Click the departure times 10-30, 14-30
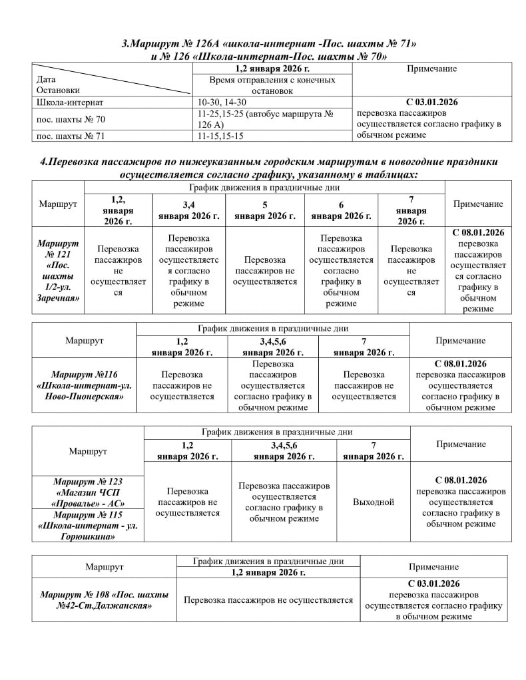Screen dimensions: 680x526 [x=222, y=102]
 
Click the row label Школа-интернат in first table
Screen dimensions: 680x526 [x=67, y=102]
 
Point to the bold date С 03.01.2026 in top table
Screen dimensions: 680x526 [x=431, y=102]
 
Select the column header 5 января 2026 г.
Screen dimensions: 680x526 [x=265, y=210]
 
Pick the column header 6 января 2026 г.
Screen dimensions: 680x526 [x=341, y=210]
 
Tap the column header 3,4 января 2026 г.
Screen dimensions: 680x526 [x=189, y=210]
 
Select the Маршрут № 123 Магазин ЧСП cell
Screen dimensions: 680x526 [x=88, y=492]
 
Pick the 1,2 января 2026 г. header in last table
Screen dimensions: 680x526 [x=268, y=572]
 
